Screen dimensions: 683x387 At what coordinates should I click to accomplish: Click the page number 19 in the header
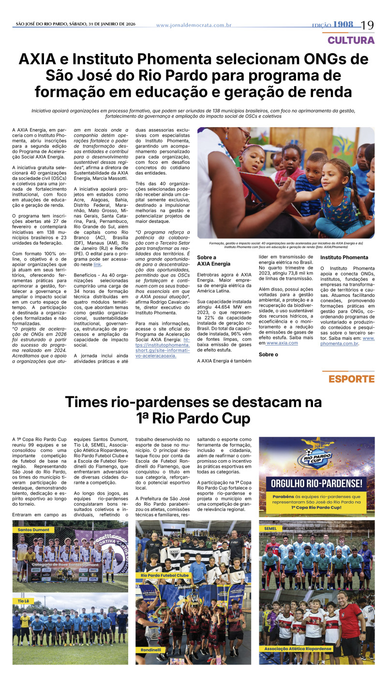click(x=367, y=25)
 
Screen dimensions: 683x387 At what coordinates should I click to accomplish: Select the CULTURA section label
click(x=351, y=40)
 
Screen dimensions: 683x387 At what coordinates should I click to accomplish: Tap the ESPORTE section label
click(x=352, y=379)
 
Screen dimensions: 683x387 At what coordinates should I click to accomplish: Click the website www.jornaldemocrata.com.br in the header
click(x=193, y=25)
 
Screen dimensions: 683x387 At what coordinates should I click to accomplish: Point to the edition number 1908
click(x=343, y=25)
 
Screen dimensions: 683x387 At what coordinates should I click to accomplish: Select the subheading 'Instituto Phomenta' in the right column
click(x=344, y=258)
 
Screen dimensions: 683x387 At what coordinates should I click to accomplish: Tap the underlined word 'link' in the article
click(x=97, y=265)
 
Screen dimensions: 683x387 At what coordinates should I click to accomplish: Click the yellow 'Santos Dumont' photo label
click(x=33, y=530)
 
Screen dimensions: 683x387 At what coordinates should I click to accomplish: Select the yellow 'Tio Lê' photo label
click(x=23, y=601)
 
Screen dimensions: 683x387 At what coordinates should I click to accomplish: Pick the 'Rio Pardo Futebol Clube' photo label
click(x=164, y=576)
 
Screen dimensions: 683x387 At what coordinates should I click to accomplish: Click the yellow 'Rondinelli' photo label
click(x=150, y=650)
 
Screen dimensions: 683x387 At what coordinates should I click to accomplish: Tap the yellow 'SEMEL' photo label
click(x=270, y=529)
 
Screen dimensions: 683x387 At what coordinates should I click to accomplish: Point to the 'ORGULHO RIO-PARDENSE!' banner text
click(x=316, y=483)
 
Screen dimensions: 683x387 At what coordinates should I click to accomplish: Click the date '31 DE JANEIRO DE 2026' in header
click(x=107, y=24)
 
